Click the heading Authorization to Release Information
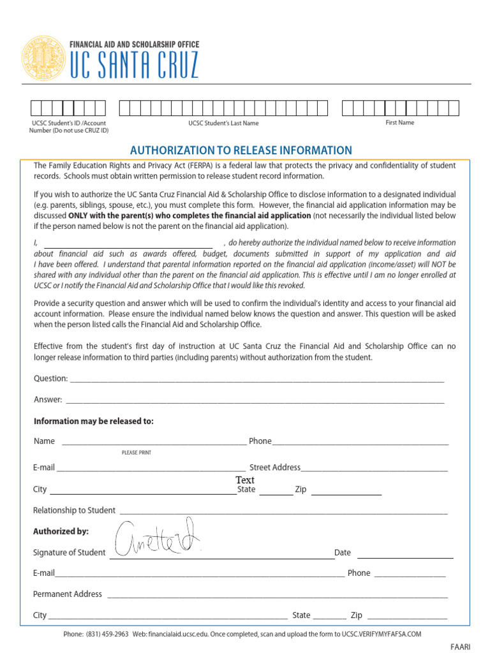click(241, 150)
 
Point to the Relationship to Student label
click(74, 510)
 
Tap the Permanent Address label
click(67, 594)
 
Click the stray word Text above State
click(245, 480)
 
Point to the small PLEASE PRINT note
click(136, 453)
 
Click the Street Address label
click(274, 467)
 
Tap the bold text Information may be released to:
click(93, 422)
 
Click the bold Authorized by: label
click(61, 531)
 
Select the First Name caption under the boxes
click(399, 122)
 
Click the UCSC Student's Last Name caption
click(223, 123)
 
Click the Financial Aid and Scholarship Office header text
click(133, 45)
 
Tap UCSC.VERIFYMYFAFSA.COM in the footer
click(382, 635)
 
